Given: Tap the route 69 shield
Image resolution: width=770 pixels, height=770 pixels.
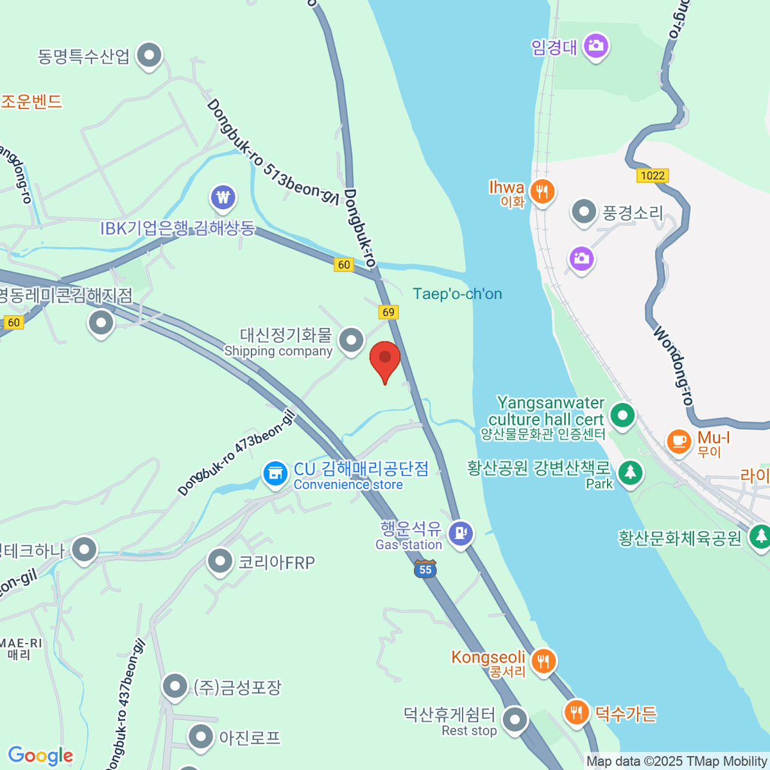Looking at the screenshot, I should point(388,312).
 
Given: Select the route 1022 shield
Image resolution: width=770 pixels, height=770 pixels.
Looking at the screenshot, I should point(653,175).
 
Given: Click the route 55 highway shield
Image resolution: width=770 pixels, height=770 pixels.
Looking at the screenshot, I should point(425,569).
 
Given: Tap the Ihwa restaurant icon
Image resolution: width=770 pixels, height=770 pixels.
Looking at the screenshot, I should point(543,191).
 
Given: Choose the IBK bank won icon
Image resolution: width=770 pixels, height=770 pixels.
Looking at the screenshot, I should point(223,198).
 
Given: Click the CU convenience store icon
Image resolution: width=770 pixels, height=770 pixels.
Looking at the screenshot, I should point(275,474).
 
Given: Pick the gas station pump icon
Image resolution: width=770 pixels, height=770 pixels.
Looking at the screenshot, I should point(461,533).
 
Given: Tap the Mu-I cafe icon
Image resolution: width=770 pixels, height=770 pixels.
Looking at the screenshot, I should point(679,441).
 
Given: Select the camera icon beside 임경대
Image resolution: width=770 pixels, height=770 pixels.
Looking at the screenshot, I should point(596,46).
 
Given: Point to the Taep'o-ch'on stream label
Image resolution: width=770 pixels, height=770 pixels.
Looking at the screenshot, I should point(457,294).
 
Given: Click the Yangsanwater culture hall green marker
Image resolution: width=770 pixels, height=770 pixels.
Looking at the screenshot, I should point(622,415).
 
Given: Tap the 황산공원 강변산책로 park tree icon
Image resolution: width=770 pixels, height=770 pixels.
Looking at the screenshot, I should point(630,472).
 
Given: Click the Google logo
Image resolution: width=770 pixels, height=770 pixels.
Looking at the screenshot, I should point(40,756).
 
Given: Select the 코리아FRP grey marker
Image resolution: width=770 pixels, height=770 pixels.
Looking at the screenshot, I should point(220,561).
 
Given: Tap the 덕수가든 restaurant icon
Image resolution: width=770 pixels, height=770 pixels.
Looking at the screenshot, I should point(577,712).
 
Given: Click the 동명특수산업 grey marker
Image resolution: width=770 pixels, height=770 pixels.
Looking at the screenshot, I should point(150,55).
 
